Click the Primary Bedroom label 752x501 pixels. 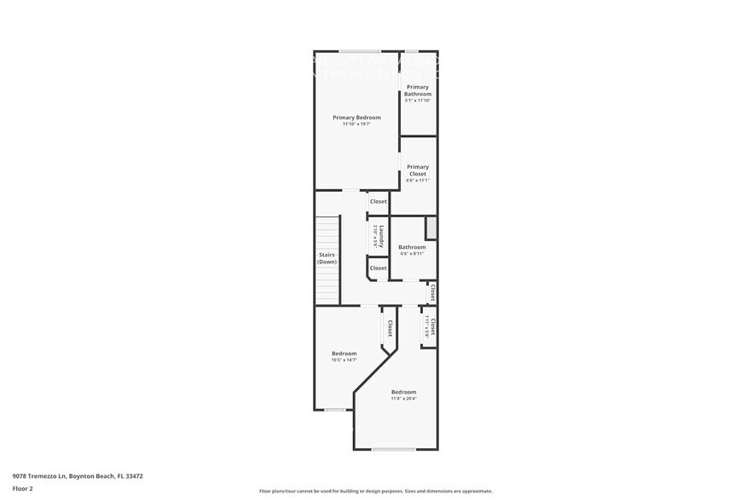coord(356,118)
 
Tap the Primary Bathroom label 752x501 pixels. coord(418,90)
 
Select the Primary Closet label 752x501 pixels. coord(418,170)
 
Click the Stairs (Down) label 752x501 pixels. coord(327,258)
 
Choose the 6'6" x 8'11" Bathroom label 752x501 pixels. coord(412,247)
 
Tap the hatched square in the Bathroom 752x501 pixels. coord(431,227)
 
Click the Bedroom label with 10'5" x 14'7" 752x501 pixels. coord(344,353)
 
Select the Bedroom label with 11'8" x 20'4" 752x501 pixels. coord(403,392)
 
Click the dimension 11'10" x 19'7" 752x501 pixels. coord(356,124)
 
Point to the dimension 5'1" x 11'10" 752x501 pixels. coord(418,101)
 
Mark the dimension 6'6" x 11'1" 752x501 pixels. coord(418,181)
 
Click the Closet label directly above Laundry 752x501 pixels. coord(378,202)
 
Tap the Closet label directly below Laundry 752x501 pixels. coord(378,268)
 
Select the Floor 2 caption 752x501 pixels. coord(23,489)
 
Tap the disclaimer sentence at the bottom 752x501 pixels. coord(376,491)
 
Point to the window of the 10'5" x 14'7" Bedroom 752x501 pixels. coord(335,410)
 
